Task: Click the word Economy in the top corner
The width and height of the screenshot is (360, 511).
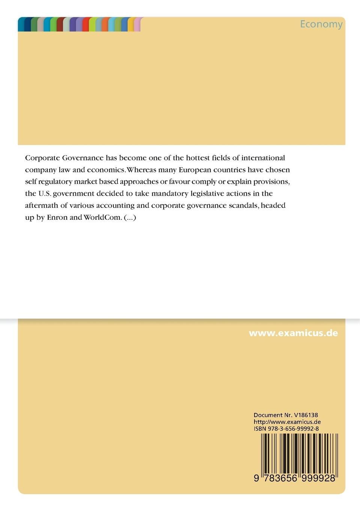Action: [x=321, y=24]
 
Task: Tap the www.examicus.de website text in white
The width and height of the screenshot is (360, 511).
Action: [x=293, y=333]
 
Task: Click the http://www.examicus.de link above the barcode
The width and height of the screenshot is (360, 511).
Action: [x=287, y=422]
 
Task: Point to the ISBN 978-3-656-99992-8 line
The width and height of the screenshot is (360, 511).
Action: [x=286, y=429]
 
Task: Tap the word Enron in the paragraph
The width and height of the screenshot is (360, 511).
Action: [x=57, y=218]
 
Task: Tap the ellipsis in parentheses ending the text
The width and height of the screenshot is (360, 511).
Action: [x=130, y=218]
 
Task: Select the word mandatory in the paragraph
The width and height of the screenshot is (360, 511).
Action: [x=169, y=194]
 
